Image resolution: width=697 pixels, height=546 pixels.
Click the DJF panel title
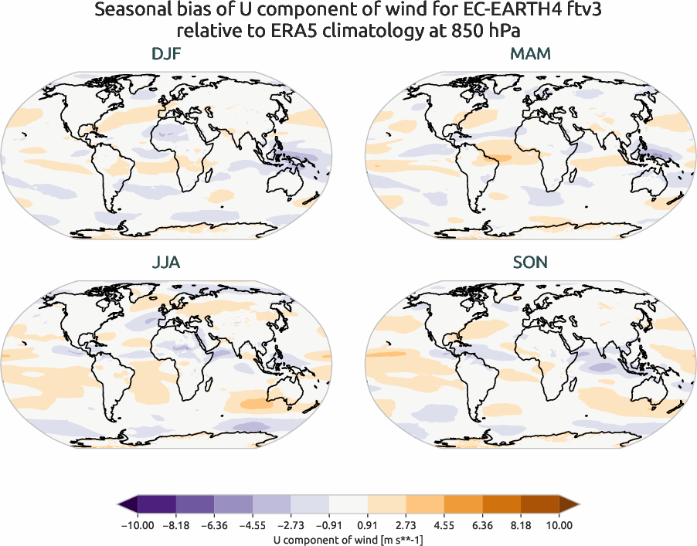click(x=166, y=55)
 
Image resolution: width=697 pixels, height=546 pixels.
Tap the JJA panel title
click(x=166, y=263)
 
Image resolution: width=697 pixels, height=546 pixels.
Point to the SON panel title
click(x=530, y=263)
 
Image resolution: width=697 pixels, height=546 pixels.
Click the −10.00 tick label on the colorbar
click(x=138, y=525)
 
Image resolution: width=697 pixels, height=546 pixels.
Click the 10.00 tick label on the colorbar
click(x=559, y=525)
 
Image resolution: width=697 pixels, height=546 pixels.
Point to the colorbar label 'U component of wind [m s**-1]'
click(x=348, y=540)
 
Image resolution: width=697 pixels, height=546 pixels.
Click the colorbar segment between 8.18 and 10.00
click(x=540, y=505)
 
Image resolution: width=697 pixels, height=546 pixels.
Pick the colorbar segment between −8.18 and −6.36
click(x=195, y=505)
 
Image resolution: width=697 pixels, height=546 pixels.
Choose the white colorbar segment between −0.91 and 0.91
click(x=348, y=505)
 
